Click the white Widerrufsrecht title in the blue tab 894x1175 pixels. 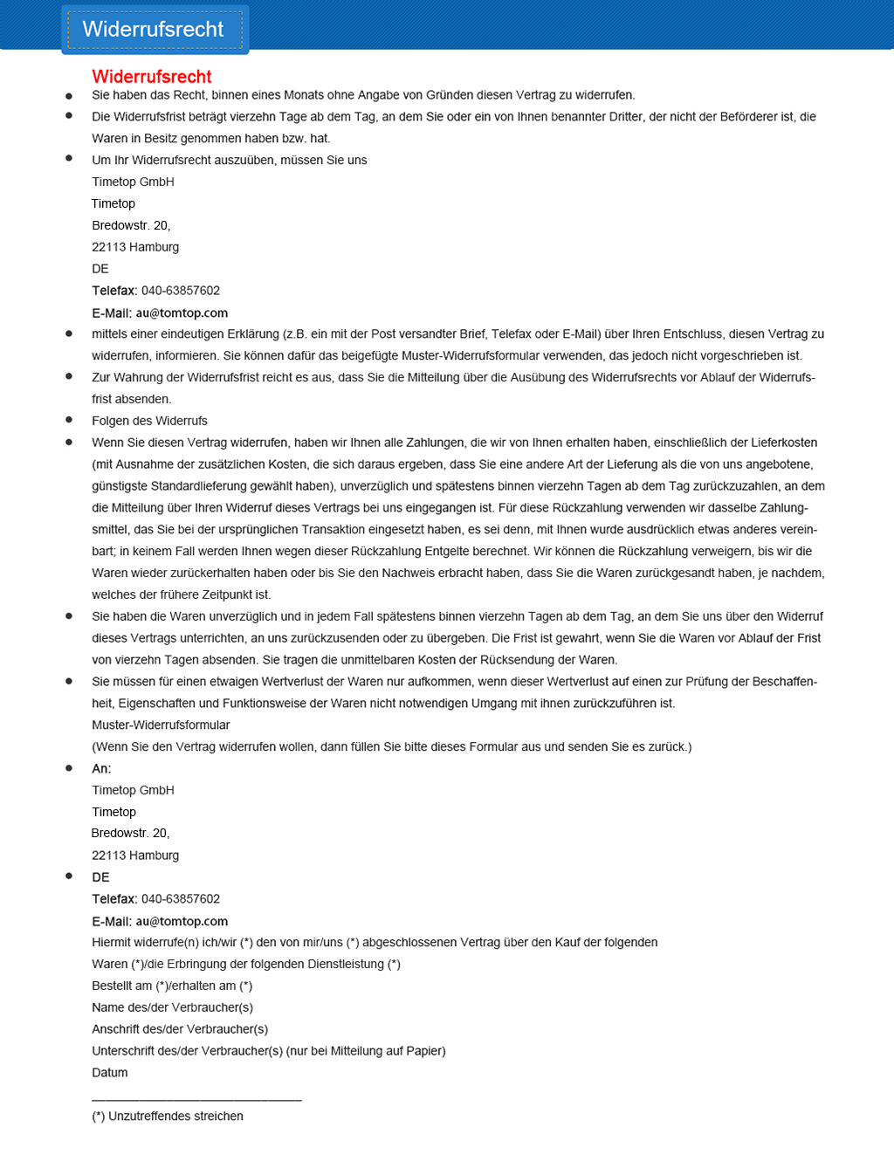tap(153, 30)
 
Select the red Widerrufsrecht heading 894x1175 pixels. tap(152, 77)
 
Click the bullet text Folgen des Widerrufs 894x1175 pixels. tap(149, 421)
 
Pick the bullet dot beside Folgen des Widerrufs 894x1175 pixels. tap(69, 420)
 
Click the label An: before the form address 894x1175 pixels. tap(101, 769)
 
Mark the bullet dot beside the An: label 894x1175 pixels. tap(69, 768)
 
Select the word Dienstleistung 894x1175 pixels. tap(342, 965)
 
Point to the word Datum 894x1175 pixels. tap(110, 1073)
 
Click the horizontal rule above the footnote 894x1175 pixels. tap(196, 1100)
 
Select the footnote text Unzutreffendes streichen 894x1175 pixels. tap(175, 1117)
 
